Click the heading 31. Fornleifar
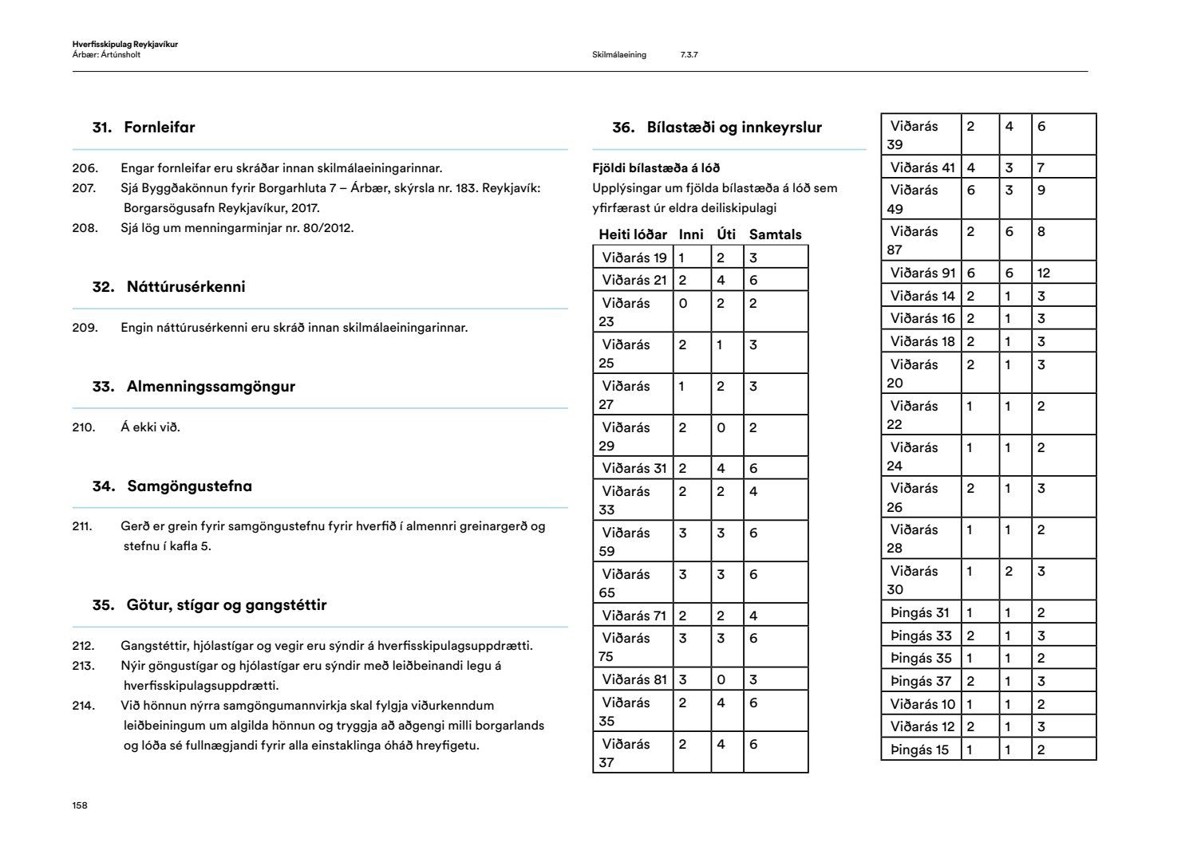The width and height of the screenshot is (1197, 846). (x=144, y=128)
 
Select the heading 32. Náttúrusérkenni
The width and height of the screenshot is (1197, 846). (x=168, y=287)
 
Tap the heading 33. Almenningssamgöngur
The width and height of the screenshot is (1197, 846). (x=193, y=387)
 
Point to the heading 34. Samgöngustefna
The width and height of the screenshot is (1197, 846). (x=172, y=486)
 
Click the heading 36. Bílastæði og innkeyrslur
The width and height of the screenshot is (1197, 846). (x=717, y=128)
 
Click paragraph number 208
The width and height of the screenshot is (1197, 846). (x=85, y=228)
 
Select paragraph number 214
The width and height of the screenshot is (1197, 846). (x=84, y=706)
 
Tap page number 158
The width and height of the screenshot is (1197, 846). (x=80, y=805)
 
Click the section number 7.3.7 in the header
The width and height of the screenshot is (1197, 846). (x=689, y=55)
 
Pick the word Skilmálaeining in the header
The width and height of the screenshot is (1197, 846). (x=619, y=55)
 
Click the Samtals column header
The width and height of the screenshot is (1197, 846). (x=775, y=234)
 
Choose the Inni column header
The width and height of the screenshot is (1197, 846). (x=691, y=234)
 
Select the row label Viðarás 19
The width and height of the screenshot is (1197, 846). (x=634, y=258)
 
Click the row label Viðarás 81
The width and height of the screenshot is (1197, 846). (x=634, y=679)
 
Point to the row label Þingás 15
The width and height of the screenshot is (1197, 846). (x=919, y=750)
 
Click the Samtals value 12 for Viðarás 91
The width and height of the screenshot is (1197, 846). (x=1044, y=273)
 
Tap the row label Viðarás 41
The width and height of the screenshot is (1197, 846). (x=922, y=167)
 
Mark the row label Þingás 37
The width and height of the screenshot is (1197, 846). (x=921, y=681)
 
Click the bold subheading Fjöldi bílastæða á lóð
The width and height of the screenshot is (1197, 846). (x=656, y=168)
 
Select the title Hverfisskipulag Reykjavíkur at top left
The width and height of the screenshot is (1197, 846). (x=124, y=45)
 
